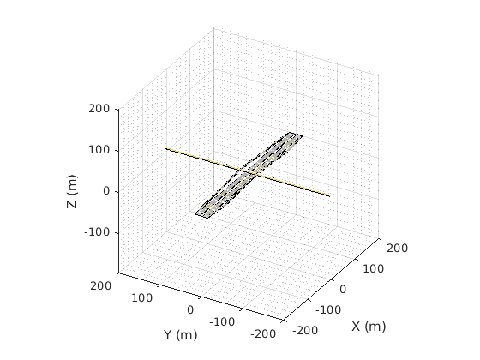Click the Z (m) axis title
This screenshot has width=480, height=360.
click(72, 191)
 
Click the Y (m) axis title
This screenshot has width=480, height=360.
click(181, 335)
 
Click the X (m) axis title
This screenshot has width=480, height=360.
click(369, 327)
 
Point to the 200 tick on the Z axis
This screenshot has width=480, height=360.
click(99, 108)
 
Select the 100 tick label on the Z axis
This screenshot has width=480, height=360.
click(99, 150)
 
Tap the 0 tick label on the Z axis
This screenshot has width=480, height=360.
click(106, 191)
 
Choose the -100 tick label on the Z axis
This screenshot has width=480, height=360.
click(97, 232)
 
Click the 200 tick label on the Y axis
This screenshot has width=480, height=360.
click(101, 286)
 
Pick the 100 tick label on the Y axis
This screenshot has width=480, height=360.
click(141, 298)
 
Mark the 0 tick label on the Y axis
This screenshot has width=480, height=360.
click(190, 309)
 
